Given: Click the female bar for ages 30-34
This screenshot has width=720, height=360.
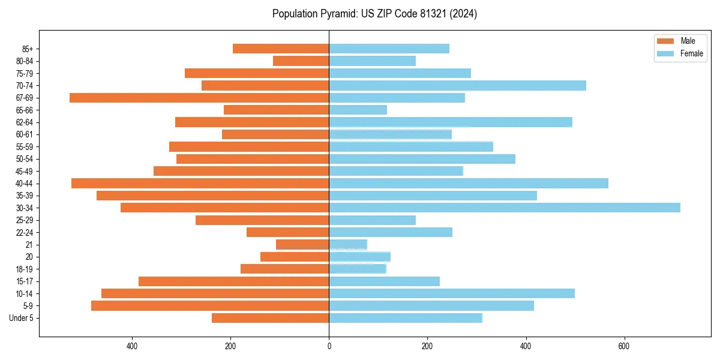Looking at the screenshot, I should point(504,208).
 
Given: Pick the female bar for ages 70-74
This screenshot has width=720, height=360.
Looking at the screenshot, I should point(457,86).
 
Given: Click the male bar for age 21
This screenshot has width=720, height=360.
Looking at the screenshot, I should point(302,244).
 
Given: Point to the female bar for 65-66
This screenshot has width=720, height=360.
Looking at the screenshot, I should point(358,110).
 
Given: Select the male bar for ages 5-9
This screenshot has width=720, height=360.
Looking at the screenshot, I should point(210,305).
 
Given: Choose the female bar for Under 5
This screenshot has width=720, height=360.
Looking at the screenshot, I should point(405,318).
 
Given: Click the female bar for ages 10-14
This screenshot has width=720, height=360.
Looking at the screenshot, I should point(452,293).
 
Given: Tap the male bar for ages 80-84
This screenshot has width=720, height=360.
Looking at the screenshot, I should point(301,61).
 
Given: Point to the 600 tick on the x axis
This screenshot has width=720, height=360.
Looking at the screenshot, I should point(624,346).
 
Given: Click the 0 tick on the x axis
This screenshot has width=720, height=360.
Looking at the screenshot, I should point(329,346).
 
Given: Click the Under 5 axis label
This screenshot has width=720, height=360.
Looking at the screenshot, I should point(21,318).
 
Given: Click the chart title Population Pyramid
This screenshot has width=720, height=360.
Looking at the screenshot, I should point(374,14).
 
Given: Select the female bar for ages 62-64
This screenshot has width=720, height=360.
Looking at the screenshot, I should point(450,122).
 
